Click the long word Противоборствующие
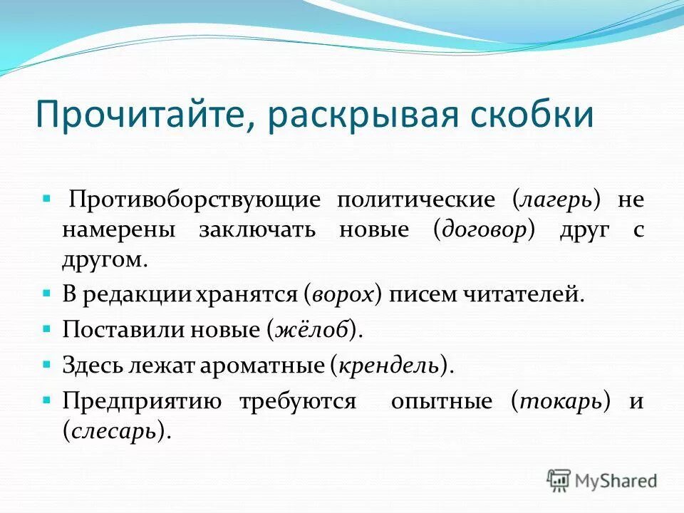tap(194, 199)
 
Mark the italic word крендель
tap(388, 366)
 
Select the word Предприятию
tap(142, 401)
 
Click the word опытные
tap(441, 401)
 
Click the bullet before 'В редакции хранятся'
tap(46, 293)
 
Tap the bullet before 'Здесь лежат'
tap(46, 364)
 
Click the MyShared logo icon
tap(559, 480)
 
